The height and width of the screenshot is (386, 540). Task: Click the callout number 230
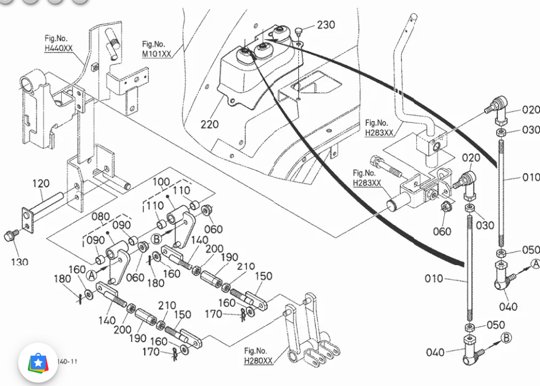(x=326, y=25)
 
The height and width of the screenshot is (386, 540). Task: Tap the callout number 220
(x=209, y=124)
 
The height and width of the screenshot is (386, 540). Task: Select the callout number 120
(x=40, y=184)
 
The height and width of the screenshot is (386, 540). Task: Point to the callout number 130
(x=19, y=262)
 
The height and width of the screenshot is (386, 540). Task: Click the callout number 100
(x=161, y=181)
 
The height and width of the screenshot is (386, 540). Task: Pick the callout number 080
(x=101, y=217)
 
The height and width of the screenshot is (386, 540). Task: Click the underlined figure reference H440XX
(x=59, y=48)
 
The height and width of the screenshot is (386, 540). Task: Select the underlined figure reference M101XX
(x=156, y=54)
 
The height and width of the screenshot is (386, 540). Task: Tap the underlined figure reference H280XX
(x=258, y=360)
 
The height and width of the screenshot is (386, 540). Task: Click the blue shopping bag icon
(x=38, y=363)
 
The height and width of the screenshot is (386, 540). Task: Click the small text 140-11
(x=68, y=361)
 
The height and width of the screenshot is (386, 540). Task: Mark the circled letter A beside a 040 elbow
(x=535, y=263)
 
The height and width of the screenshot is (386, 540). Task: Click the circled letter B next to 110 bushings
(x=156, y=239)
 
